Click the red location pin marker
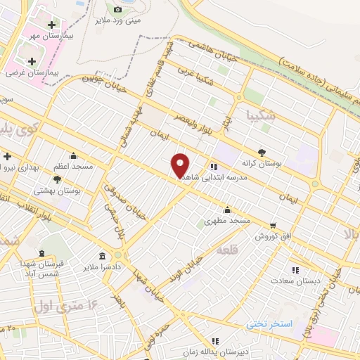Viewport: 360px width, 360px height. coord(181,165)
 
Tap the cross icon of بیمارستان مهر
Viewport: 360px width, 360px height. coord(51,25)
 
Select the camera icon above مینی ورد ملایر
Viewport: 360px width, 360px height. coord(117,9)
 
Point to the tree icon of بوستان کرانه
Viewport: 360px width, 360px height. coord(262,151)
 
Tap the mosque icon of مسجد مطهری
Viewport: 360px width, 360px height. coord(227,210)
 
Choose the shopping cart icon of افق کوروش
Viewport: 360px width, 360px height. coord(273,226)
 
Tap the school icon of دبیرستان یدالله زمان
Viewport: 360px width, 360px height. coord(214,341)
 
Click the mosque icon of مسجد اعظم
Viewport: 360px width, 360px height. coord(73,157)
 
